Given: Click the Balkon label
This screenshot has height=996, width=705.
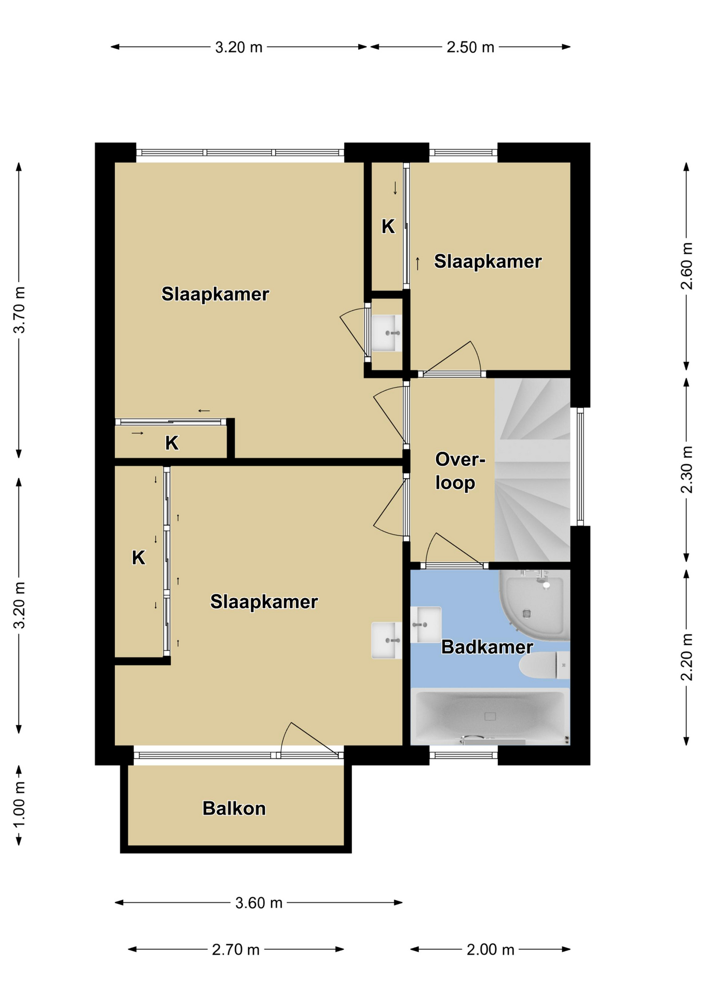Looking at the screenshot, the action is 234,808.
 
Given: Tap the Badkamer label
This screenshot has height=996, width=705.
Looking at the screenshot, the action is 487,647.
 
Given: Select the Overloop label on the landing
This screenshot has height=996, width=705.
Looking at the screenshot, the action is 459,471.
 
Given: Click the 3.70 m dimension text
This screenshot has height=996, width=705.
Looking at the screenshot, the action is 19,310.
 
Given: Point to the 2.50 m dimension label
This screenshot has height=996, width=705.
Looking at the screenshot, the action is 470,47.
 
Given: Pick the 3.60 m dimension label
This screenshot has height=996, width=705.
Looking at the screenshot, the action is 259,903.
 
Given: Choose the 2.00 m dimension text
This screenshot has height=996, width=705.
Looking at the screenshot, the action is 490,950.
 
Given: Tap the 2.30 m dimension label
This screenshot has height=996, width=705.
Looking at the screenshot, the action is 686,470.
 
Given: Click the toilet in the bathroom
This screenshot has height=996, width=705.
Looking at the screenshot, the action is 545,665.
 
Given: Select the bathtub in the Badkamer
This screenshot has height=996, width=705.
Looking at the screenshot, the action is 490,716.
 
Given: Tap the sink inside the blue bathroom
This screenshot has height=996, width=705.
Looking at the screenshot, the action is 426,625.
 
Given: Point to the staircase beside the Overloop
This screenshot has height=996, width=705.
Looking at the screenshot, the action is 532,470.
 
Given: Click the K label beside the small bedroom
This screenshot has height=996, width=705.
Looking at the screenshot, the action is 388,227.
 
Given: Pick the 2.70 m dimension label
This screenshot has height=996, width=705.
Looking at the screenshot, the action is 235,950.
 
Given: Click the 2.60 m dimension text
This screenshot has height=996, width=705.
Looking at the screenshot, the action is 686,266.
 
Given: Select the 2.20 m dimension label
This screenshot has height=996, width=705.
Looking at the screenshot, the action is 686,657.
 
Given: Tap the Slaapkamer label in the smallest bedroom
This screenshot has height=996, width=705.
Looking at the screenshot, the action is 487,261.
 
